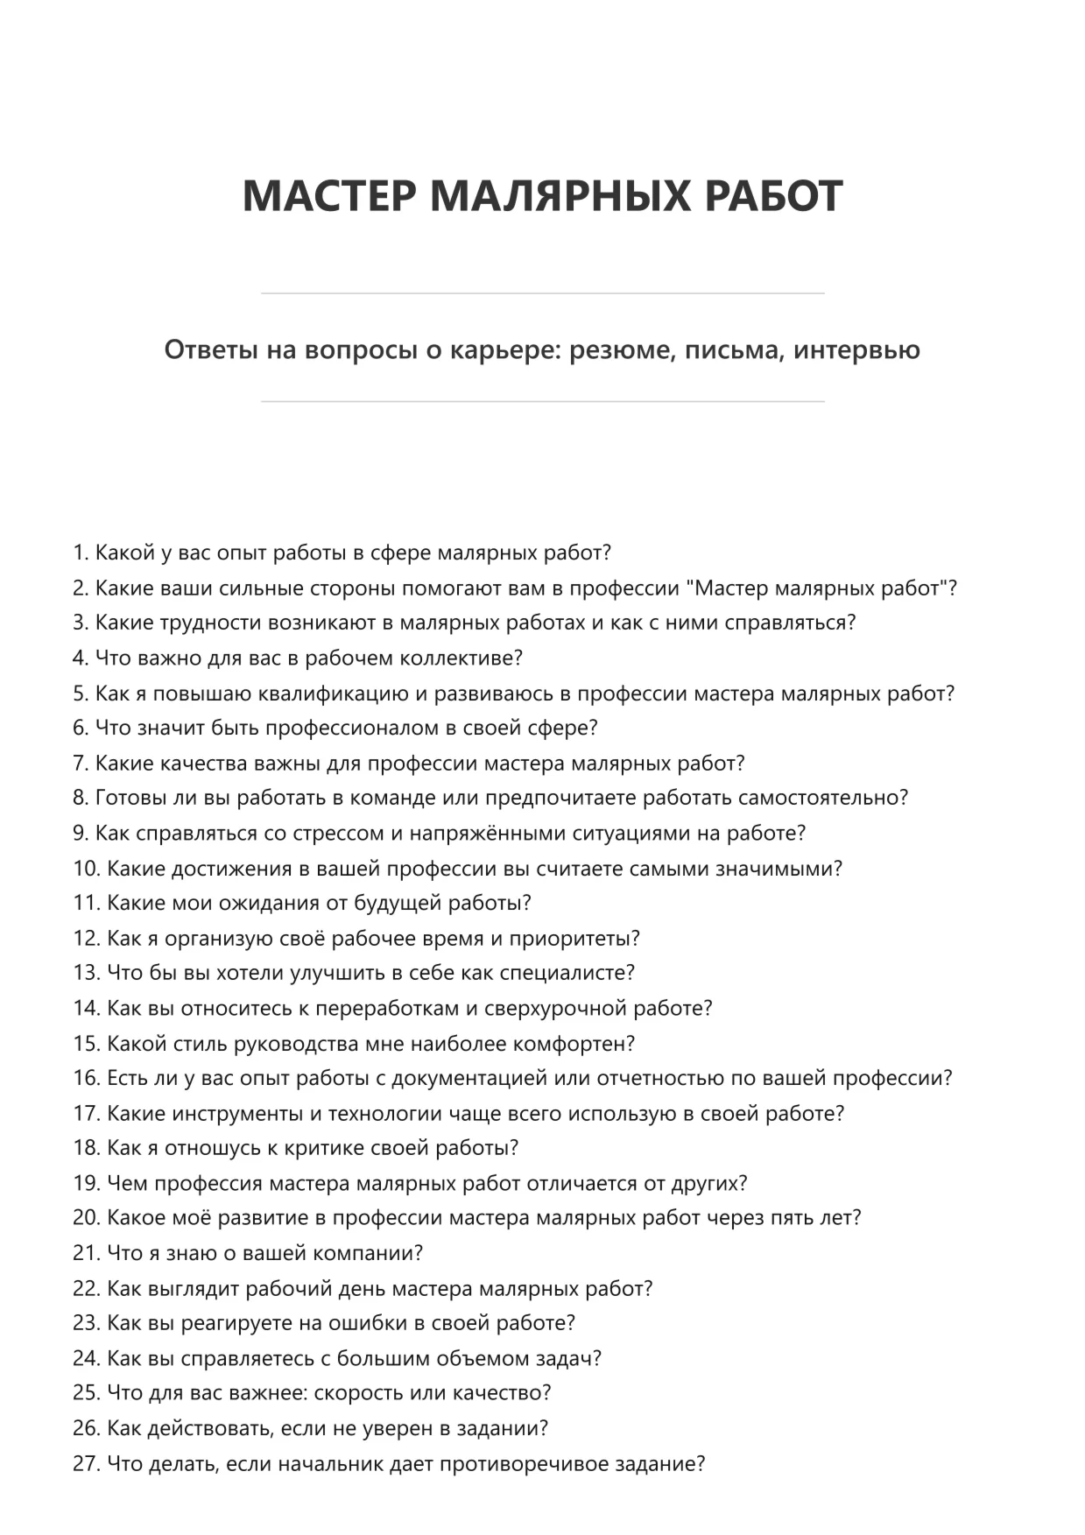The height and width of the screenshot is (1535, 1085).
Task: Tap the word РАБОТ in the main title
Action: coord(773,195)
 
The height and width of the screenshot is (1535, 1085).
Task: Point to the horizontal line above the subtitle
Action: coord(542,293)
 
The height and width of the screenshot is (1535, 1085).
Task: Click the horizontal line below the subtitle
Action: coord(542,402)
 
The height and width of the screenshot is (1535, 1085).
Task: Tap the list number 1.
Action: coord(81,553)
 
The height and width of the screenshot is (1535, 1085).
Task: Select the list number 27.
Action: coord(87,1463)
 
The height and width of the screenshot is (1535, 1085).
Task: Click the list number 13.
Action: coord(87,974)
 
